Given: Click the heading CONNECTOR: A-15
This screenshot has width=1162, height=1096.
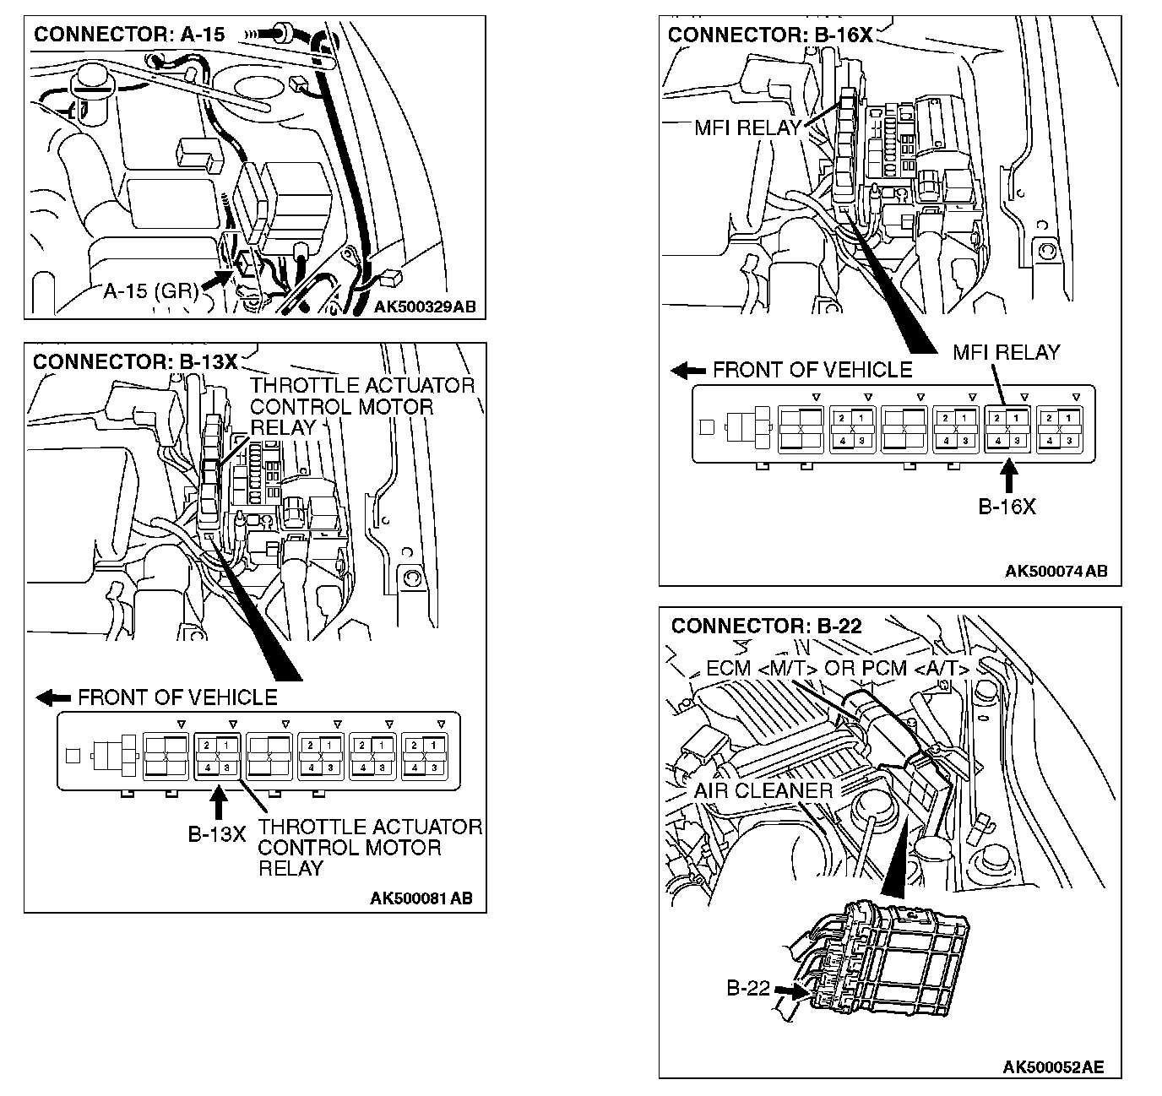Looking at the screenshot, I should click(x=129, y=34).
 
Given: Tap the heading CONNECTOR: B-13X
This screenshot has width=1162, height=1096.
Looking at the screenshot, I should click(x=135, y=361).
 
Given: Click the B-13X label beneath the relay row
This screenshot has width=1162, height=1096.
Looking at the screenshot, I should click(x=217, y=835).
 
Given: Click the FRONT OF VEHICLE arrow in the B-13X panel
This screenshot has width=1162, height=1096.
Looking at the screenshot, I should click(x=54, y=697).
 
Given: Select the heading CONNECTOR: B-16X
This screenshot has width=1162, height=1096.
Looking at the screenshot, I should click(x=769, y=35).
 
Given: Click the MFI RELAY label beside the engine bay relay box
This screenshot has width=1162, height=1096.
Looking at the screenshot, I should click(x=747, y=128).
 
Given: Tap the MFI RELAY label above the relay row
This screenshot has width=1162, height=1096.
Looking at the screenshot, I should click(x=1006, y=352).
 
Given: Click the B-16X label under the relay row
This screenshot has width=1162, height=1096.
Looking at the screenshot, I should click(x=1007, y=507).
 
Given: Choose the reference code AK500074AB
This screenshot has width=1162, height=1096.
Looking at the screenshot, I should click(x=1056, y=572).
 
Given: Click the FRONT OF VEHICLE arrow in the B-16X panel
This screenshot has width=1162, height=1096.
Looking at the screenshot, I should click(x=688, y=371).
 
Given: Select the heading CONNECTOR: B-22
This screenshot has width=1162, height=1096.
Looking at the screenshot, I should click(x=766, y=626).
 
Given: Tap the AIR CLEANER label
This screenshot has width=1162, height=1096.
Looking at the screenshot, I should click(x=763, y=790).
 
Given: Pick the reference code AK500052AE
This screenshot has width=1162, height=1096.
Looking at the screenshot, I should click(x=1053, y=1066).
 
